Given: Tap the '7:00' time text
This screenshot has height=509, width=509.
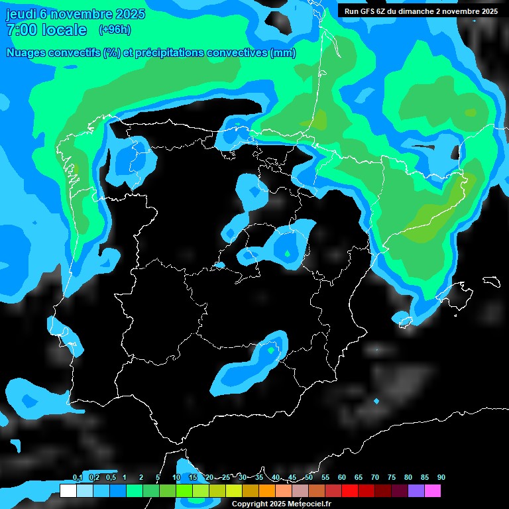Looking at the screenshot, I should [21, 30].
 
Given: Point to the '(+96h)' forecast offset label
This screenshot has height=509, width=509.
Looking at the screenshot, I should [115, 30].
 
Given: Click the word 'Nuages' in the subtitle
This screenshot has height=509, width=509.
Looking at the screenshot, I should [26, 53].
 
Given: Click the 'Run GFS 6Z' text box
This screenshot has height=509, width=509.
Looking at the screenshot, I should [365, 11].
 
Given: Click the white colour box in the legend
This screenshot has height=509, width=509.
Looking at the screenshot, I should [68, 491].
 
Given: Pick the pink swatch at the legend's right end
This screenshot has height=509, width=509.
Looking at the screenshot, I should [433, 491].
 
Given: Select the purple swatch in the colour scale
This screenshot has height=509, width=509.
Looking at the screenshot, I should [416, 491].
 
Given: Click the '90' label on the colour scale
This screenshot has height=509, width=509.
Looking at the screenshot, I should [441, 477].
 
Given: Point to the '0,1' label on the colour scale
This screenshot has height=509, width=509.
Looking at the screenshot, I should [78, 477].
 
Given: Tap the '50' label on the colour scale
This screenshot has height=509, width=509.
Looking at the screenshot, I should [309, 477].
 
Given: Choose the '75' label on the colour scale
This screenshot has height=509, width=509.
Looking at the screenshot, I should [392, 477].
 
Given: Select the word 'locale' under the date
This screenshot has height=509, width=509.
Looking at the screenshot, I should [64, 30].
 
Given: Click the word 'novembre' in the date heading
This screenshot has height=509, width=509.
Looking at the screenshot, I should [80, 14].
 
